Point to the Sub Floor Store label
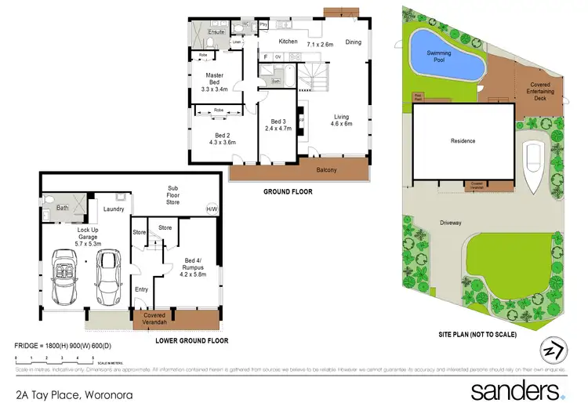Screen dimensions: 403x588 click(x=172, y=195)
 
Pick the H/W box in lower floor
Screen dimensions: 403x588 click(x=212, y=209)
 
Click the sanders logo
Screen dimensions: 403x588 click(x=517, y=390)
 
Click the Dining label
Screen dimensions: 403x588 click(x=353, y=42)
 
